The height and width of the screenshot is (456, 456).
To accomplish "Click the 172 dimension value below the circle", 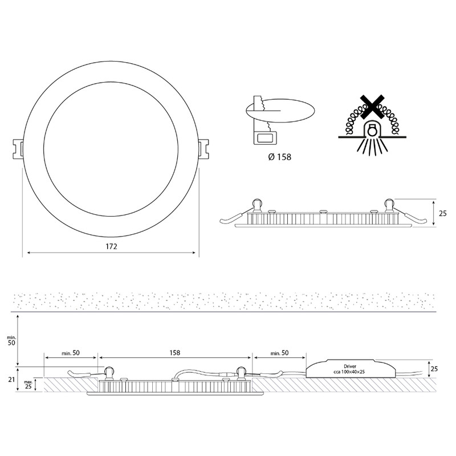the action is click(x=111, y=247).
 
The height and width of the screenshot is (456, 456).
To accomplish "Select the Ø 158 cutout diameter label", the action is click(x=279, y=157).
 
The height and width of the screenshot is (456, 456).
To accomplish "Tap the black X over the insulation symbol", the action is click(x=371, y=107).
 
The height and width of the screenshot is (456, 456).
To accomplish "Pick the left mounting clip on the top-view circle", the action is click(x=18, y=149).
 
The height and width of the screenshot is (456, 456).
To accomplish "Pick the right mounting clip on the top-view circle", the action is click(x=203, y=149).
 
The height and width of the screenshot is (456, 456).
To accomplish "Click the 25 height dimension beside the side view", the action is click(x=442, y=213).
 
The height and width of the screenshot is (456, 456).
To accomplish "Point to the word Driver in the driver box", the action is click(x=350, y=367).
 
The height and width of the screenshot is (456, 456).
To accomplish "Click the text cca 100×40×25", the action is click(x=349, y=372).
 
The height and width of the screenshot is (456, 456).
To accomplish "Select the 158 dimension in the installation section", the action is click(x=175, y=353).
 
